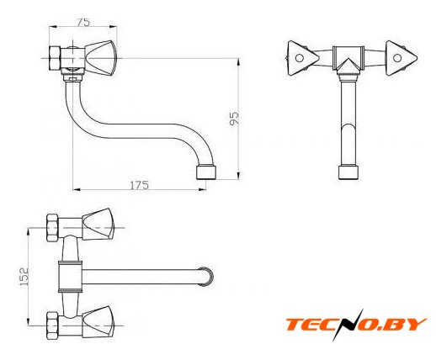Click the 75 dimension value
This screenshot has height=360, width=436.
tap(83, 22)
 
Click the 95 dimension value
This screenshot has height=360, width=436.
tap(234, 119)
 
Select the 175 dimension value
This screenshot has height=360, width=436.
tap(139, 185)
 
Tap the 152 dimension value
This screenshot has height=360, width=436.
tap(24, 277)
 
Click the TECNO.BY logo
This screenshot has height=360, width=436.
tap(356, 325)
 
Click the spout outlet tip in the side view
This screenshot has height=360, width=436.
tap(206, 172)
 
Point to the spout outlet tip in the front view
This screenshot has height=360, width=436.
tap(348, 172)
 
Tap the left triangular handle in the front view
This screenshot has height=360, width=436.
tap(303, 58)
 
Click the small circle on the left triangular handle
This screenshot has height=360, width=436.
tap(300, 58)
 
